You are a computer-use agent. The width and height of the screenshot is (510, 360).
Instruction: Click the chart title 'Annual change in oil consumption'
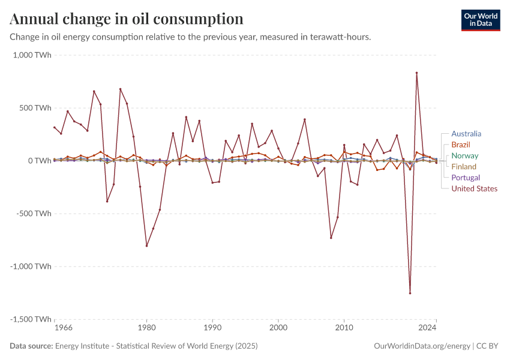click(x=127, y=19)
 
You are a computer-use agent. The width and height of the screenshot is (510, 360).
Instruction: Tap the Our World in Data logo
click(x=480, y=20)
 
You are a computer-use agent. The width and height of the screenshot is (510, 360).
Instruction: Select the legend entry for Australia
click(x=466, y=134)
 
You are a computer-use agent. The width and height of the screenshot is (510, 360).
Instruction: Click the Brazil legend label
click(x=461, y=145)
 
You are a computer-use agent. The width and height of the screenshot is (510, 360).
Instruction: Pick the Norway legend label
click(x=464, y=156)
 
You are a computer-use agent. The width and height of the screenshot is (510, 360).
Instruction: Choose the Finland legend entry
click(x=464, y=167)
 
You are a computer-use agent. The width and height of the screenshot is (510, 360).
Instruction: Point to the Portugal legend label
click(x=465, y=178)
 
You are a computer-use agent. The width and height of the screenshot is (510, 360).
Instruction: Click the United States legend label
click(x=474, y=188)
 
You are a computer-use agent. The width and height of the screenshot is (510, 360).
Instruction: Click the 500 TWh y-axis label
click(x=35, y=108)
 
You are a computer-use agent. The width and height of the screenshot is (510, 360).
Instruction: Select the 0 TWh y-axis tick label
click(x=39, y=161)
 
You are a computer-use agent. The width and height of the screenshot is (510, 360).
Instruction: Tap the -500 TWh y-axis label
click(x=34, y=214)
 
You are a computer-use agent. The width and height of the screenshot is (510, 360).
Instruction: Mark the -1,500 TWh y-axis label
click(x=31, y=319)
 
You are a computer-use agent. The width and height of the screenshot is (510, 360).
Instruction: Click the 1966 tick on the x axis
click(x=63, y=329)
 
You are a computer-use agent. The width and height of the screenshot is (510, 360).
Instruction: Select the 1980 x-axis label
click(x=146, y=329)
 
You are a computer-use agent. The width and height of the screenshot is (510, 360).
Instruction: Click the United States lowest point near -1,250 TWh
click(x=410, y=293)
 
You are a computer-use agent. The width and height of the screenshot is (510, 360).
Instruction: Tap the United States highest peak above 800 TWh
click(x=416, y=73)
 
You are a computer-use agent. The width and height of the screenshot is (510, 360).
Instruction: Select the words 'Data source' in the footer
click(x=31, y=346)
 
